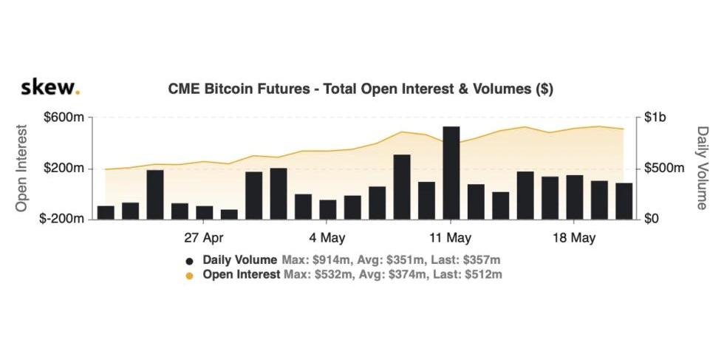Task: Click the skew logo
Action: (x=49, y=87)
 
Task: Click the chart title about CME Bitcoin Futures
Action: (x=361, y=89)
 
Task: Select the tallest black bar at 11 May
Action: (x=451, y=173)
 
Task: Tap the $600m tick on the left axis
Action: (x=65, y=118)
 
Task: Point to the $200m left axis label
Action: (x=65, y=169)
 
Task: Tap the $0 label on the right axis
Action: (x=652, y=220)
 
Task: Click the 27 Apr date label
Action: (x=204, y=238)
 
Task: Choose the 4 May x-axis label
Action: (x=327, y=238)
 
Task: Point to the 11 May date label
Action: (x=450, y=238)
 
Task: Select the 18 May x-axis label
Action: (x=574, y=238)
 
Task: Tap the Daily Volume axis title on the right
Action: (x=702, y=168)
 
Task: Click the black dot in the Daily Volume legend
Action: (x=190, y=261)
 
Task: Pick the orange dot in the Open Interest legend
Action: (x=190, y=276)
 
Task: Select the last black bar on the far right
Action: (x=624, y=201)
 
